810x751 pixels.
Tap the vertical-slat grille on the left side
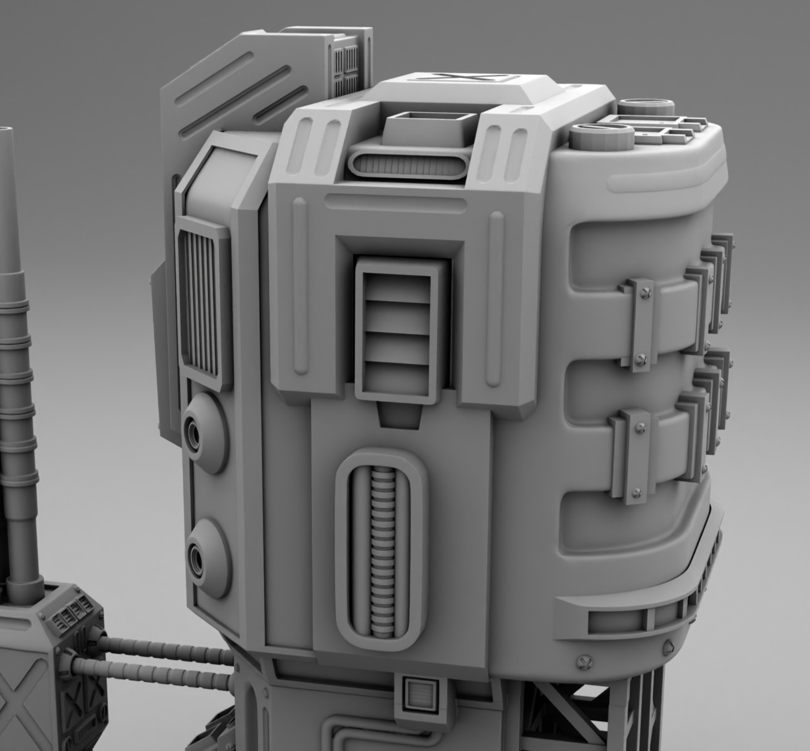pyautogui.click(x=198, y=303)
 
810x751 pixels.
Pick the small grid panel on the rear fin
pyautogui.click(x=345, y=70)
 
